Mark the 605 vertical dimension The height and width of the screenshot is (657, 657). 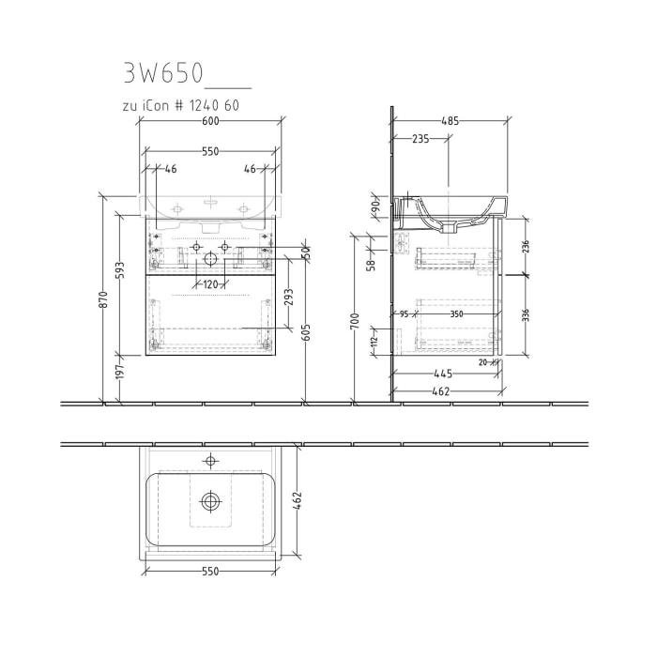click(306, 333)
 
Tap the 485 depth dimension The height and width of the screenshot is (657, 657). click(451, 121)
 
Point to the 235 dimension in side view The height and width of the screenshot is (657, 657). click(421, 139)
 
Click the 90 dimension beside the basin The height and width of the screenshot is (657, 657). click(373, 206)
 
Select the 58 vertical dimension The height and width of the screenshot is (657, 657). click(372, 266)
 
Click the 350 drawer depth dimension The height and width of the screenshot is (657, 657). click(456, 314)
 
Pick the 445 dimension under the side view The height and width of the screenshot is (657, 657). click(444, 374)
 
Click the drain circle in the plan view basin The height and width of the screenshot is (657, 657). click(210, 502)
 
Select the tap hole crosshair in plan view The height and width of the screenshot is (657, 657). click(210, 460)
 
